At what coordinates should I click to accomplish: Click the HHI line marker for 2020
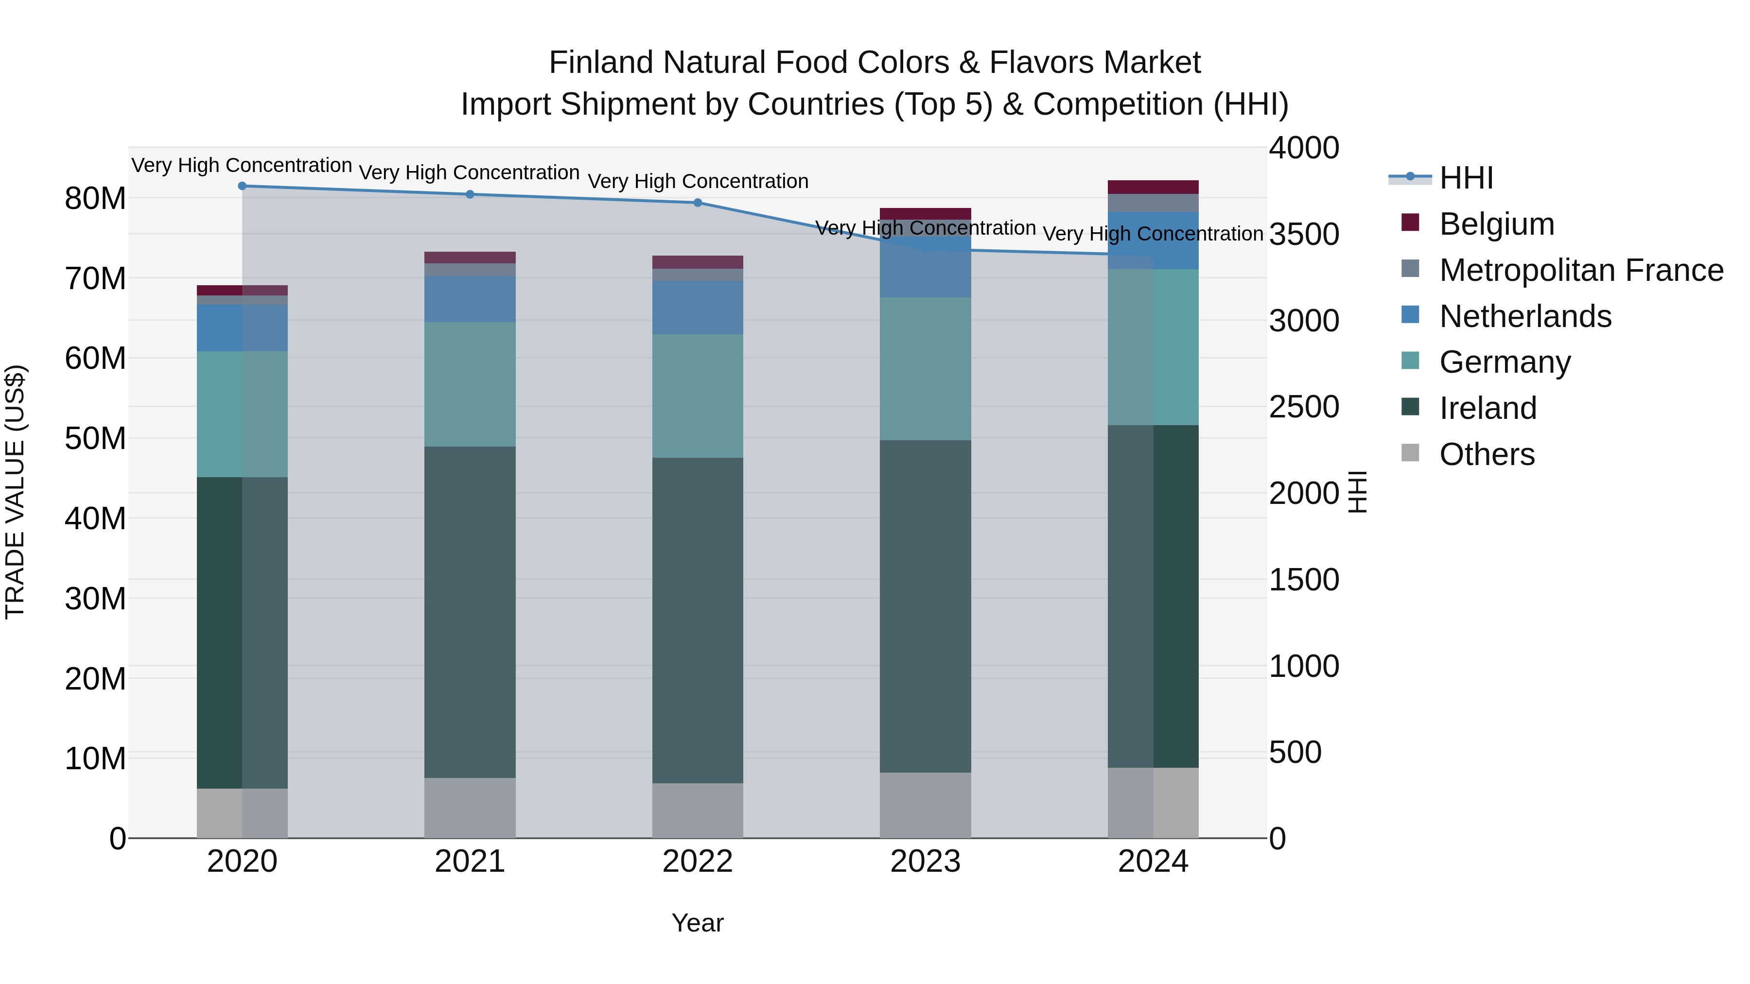242,186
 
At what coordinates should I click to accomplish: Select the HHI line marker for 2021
470,194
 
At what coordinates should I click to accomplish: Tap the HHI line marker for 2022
697,202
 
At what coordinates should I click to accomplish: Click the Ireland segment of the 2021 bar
470,611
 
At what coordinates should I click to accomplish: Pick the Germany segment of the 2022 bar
697,396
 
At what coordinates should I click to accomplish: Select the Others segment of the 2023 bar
925,805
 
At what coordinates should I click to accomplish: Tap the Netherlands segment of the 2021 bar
470,299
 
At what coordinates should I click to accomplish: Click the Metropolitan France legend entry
1580,270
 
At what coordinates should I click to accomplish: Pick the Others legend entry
1487,454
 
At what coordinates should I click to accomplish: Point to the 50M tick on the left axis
95,439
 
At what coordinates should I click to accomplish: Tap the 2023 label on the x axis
925,862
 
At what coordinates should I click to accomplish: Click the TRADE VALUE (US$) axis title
15,492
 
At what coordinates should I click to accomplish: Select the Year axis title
697,923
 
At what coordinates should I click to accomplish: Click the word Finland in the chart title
601,63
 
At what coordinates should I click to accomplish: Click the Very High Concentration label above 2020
242,165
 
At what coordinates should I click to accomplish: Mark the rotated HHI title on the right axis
1357,492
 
